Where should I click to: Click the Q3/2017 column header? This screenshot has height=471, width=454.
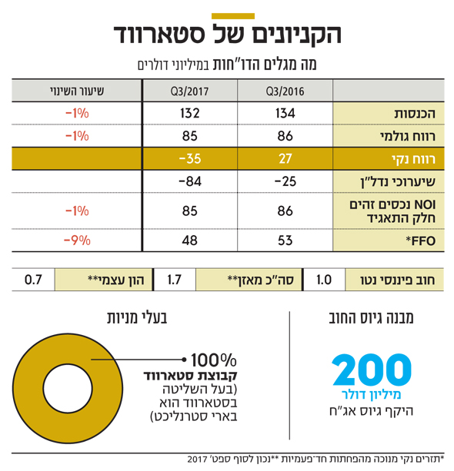click(x=189, y=91)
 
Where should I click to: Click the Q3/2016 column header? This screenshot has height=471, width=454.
click(x=285, y=91)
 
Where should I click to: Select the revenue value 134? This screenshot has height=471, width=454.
click(x=285, y=113)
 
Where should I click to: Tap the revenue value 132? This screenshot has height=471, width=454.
click(x=190, y=113)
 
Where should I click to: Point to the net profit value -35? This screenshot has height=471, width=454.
click(x=190, y=158)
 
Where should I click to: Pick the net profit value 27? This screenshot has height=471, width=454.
click(x=285, y=158)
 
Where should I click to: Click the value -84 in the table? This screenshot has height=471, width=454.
click(x=190, y=181)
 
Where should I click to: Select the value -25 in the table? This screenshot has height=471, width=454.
click(x=285, y=181)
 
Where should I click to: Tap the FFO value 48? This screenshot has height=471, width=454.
click(x=190, y=240)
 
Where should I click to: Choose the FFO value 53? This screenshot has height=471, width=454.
click(x=285, y=240)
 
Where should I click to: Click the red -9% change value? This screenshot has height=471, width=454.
click(x=77, y=240)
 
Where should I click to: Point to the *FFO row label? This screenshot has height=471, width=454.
click(x=421, y=240)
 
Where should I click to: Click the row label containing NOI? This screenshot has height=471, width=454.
click(x=392, y=211)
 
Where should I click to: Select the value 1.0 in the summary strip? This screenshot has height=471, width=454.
click(x=324, y=280)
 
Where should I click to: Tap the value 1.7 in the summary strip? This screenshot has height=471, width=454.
click(x=175, y=280)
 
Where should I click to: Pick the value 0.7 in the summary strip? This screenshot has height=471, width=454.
click(x=33, y=280)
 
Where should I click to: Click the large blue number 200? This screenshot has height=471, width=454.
click(x=372, y=370)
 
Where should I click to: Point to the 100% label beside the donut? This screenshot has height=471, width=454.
click(x=214, y=360)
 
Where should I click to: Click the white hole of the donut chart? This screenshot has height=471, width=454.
click(x=68, y=388)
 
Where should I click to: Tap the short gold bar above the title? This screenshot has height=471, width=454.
click(x=233, y=16)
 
